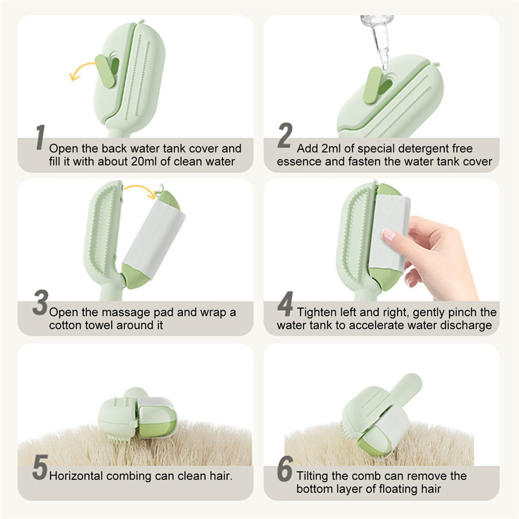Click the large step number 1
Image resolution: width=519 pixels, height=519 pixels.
40,138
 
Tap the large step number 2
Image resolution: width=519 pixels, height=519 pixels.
285,136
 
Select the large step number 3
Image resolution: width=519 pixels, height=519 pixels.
40,302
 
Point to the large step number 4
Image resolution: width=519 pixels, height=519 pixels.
285,304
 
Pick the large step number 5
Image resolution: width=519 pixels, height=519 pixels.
40,467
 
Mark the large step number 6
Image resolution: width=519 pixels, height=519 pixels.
285,468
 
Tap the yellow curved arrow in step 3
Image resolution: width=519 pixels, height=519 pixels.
141,190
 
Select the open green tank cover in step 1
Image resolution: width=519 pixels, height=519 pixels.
106,72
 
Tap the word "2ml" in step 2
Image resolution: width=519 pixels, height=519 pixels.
331,149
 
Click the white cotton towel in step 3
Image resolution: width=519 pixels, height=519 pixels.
154,238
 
